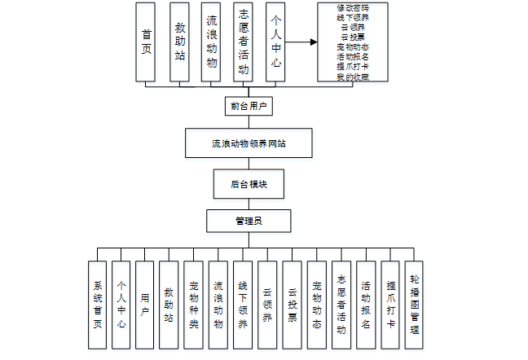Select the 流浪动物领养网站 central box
pos(248,143)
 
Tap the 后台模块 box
pos(248,183)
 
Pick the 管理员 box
pos(248,221)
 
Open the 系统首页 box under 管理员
pos(97,305)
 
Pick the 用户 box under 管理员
pos(145,305)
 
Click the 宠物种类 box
pos(194,305)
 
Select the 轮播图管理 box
pos(415,305)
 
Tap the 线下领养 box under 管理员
pos(243,305)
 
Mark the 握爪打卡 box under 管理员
pos(391,305)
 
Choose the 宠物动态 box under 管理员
pos(317,305)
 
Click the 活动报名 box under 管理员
pos(366,305)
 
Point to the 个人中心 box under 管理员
pos(121,305)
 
